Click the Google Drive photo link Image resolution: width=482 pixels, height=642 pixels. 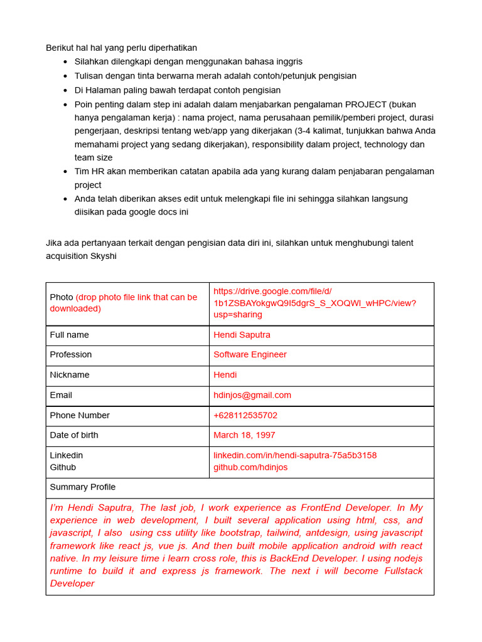pyautogui.click(x=314, y=303)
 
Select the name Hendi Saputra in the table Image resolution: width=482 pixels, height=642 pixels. pyautogui.click(x=242, y=335)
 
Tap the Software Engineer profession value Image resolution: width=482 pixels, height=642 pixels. pyautogui.click(x=250, y=355)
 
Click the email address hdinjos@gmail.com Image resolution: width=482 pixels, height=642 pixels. pyautogui.click(x=252, y=395)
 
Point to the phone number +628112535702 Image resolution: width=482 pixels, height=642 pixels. pyautogui.click(x=245, y=415)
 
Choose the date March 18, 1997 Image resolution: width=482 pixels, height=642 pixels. pyautogui.click(x=244, y=435)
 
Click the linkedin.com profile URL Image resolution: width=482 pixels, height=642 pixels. pyautogui.click(x=295, y=455)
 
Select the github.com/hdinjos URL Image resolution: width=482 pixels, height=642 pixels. pyautogui.click(x=250, y=468)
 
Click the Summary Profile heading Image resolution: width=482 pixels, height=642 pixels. pyautogui.click(x=83, y=487)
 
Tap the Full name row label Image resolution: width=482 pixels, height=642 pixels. pyautogui.click(x=70, y=335)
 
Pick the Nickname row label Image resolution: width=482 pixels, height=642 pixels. pyautogui.click(x=70, y=375)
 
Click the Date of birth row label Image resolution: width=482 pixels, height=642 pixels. pyautogui.click(x=74, y=435)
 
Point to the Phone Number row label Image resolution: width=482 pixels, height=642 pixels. pyautogui.click(x=80, y=415)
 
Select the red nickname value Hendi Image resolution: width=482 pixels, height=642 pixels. pyautogui.click(x=225, y=375)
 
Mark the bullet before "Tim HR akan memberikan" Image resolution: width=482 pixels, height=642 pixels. pyautogui.click(x=66, y=172)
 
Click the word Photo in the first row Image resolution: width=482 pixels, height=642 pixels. pyautogui.click(x=62, y=297)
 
